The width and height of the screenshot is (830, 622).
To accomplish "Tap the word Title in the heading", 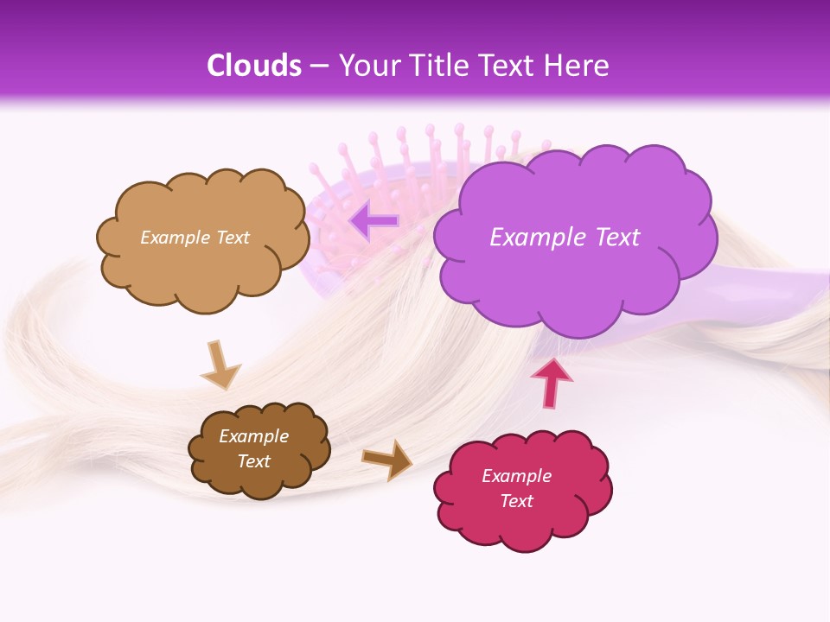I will [439, 66].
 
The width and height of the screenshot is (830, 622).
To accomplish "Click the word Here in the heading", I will [578, 66].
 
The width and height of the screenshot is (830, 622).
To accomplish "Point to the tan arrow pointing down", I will [220, 363].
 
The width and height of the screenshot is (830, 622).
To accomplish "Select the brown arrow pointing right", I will [387, 459].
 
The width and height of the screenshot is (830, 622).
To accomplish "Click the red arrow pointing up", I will [551, 382].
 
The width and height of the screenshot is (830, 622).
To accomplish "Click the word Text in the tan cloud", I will [231, 238].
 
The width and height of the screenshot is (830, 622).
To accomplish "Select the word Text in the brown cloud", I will [253, 461].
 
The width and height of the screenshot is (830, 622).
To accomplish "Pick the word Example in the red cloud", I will [516, 476].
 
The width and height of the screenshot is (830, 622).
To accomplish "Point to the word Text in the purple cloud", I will [616, 238].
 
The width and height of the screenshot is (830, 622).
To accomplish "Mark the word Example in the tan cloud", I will [174, 238].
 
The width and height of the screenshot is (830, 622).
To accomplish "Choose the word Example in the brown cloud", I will [253, 436].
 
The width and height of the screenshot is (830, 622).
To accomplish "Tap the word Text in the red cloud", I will [516, 501].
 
